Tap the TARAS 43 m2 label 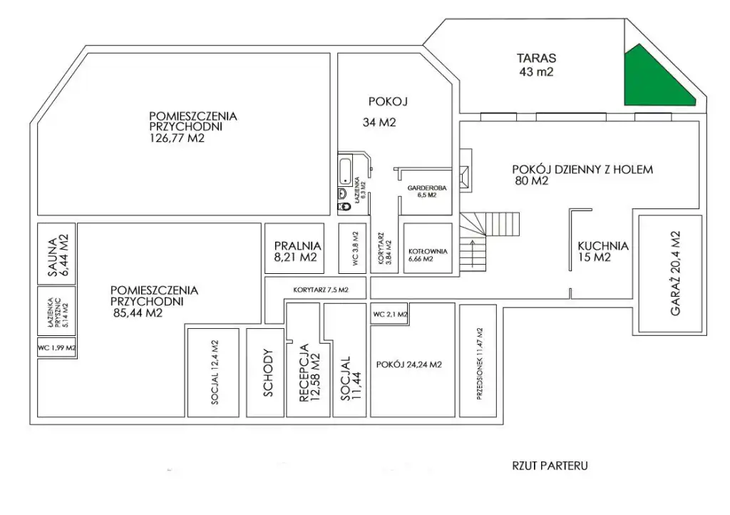[536, 65]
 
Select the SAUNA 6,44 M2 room [56, 254]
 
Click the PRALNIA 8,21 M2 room [294, 248]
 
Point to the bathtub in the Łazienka [345, 171]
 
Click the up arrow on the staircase [473, 254]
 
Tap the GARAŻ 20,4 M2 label [676, 274]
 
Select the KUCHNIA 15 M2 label [602, 252]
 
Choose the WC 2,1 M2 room [389, 315]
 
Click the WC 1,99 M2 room [56, 347]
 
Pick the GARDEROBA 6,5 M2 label [427, 191]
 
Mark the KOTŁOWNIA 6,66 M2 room [428, 248]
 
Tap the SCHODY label [268, 373]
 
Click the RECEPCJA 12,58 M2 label [309, 373]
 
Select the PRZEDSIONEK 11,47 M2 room [478, 361]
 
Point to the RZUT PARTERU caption [550, 466]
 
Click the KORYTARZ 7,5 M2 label [321, 290]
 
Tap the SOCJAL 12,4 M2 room [213, 372]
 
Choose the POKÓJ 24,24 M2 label [408, 364]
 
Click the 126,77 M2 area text [177, 138]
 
